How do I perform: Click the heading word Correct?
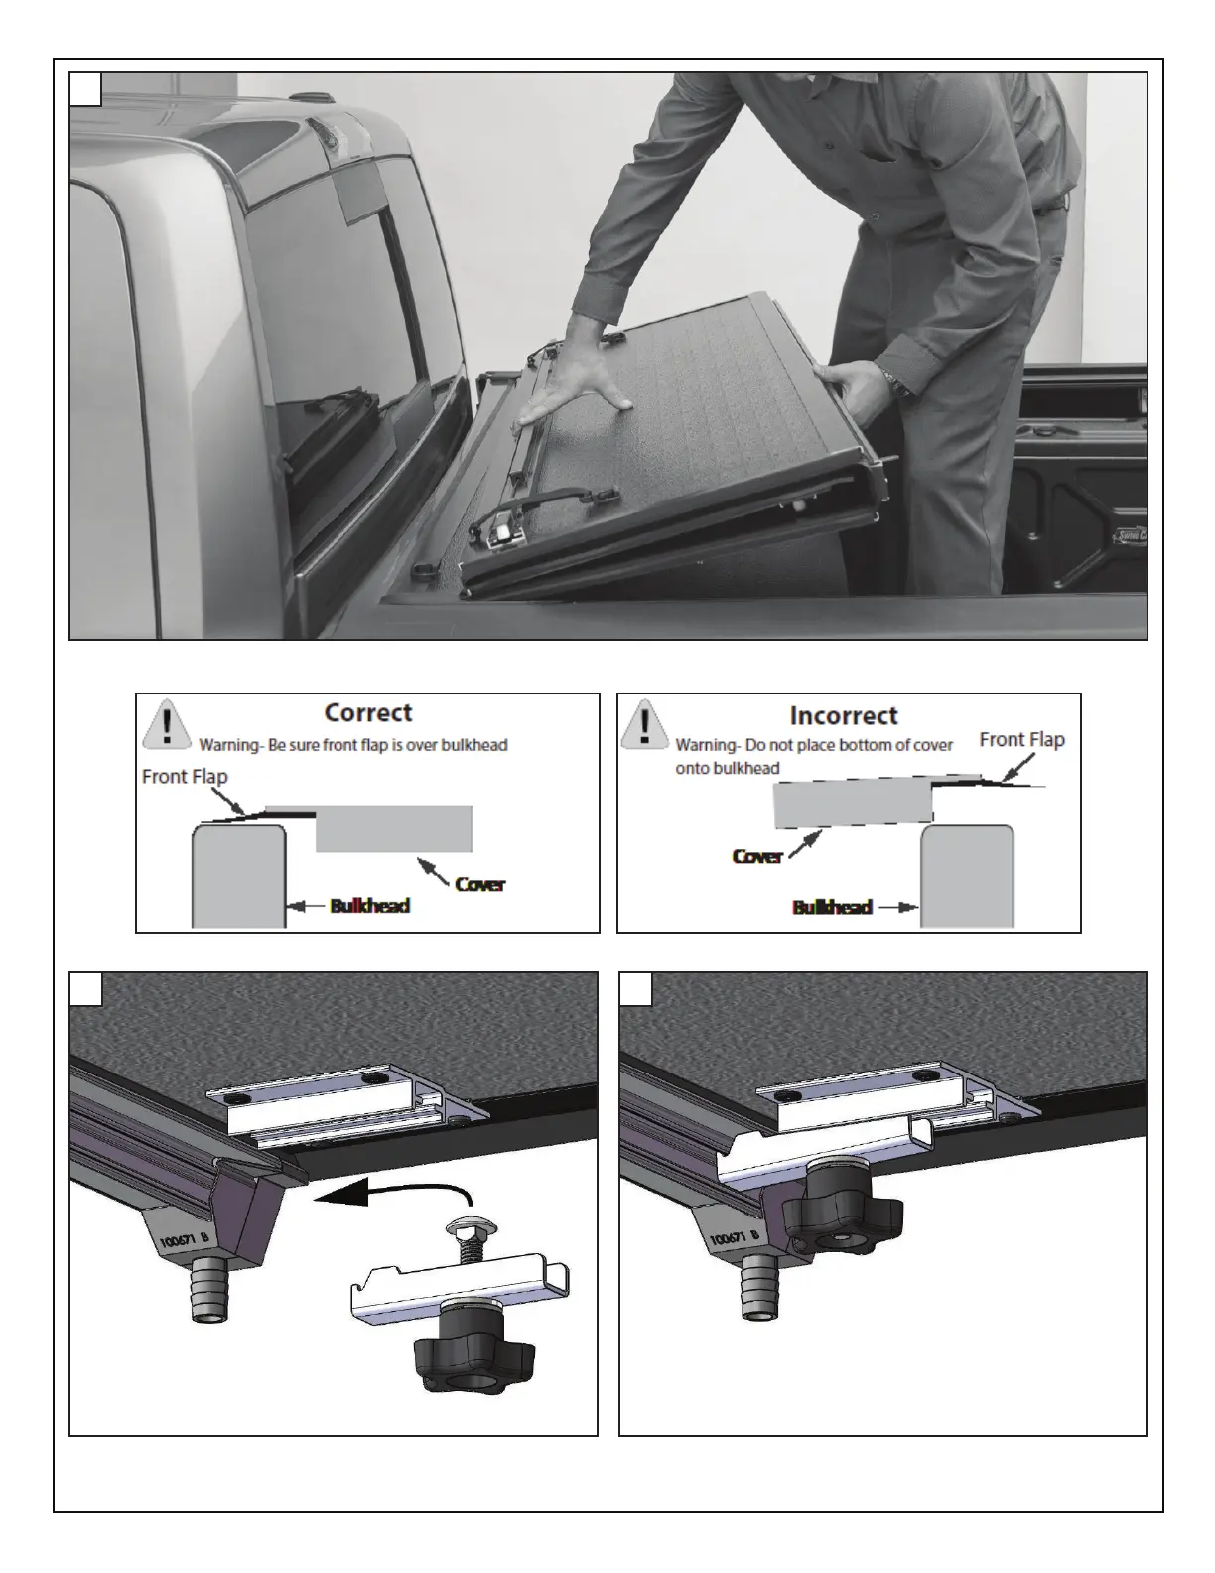[x=367, y=712]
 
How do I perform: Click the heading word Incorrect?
[x=844, y=715]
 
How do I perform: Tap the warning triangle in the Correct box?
[x=167, y=723]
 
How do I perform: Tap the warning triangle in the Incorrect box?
[x=644, y=724]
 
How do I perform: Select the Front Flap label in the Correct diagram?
[x=185, y=776]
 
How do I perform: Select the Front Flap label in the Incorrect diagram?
[x=1021, y=739]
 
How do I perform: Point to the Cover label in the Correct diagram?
[x=480, y=884]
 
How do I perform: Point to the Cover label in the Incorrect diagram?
[x=757, y=856]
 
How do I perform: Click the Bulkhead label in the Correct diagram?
[x=370, y=906]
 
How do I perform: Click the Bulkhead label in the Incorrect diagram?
[x=832, y=907]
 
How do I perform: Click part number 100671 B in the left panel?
[x=184, y=1240]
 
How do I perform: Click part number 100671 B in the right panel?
[x=734, y=1239]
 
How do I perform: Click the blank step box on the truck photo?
[x=85, y=89]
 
